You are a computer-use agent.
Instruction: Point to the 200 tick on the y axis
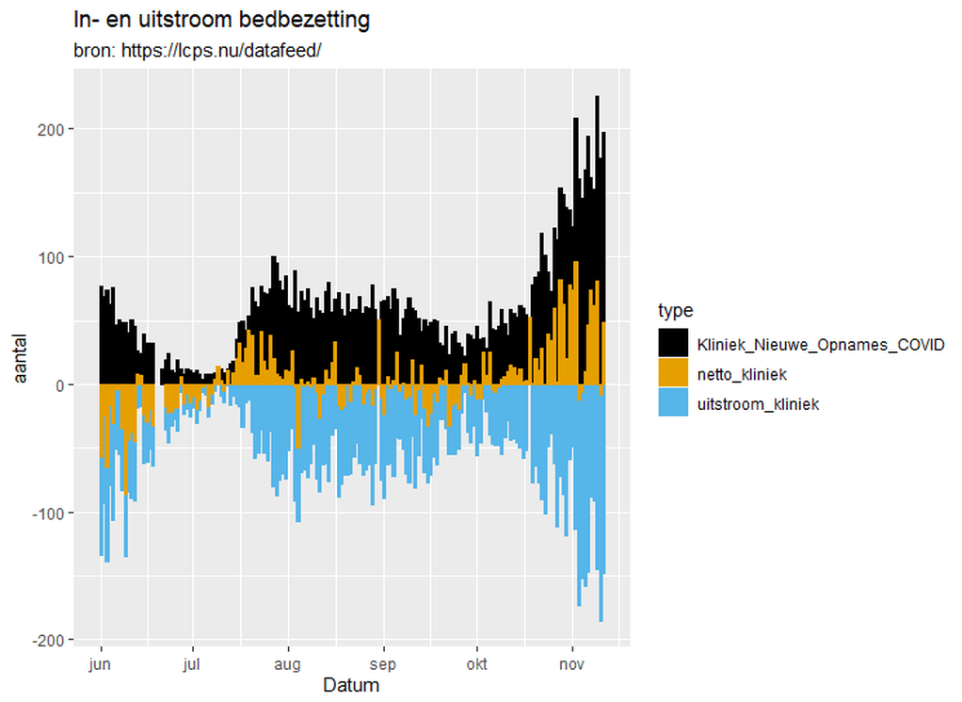[52, 129]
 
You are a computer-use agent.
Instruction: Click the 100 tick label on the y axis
[52, 257]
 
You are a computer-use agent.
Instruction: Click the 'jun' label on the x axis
[100, 663]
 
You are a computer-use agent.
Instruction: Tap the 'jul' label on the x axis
[192, 663]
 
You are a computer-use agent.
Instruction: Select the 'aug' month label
[288, 663]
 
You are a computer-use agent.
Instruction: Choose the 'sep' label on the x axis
[383, 663]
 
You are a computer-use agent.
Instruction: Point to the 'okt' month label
[476, 663]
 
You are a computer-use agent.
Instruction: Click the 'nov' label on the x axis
[571, 663]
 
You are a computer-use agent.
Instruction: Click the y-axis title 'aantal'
[20, 358]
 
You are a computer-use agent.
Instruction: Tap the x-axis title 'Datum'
[351, 685]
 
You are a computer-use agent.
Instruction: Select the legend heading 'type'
[675, 311]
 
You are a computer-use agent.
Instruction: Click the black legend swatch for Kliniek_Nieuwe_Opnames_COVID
[672, 342]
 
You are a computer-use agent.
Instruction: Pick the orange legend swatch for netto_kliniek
[672, 373]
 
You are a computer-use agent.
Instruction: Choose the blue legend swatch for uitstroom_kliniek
[672, 404]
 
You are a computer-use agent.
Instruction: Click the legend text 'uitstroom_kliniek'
[758, 404]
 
